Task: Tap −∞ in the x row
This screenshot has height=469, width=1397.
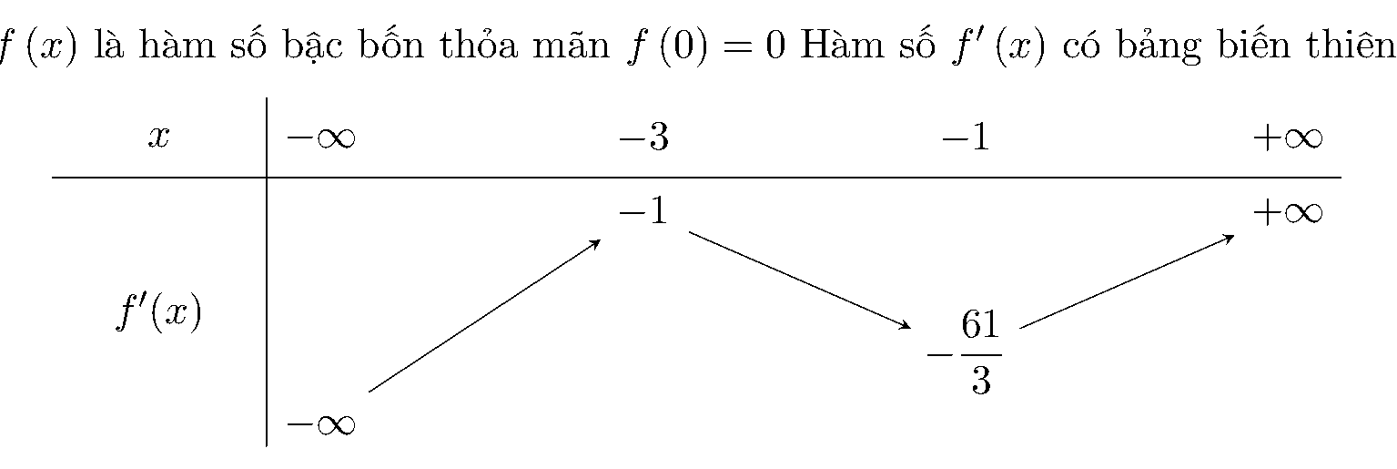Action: [x=320, y=138]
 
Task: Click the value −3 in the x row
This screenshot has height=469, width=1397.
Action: [x=643, y=137]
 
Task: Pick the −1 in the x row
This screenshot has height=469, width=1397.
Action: [x=966, y=137]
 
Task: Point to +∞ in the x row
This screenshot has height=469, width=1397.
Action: [x=1288, y=138]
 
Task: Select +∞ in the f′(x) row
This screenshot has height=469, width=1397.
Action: [x=1288, y=213]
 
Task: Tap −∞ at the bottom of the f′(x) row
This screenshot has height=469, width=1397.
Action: [x=320, y=424]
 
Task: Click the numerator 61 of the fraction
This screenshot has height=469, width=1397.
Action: [x=980, y=323]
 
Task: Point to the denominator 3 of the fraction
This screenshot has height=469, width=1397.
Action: [x=981, y=380]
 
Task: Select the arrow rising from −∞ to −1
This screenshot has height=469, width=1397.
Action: [x=484, y=316]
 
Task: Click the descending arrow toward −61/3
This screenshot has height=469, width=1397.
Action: [x=800, y=280]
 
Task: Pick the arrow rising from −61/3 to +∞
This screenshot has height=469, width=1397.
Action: [x=1127, y=280]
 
